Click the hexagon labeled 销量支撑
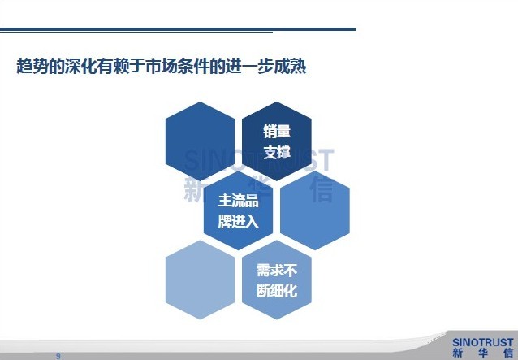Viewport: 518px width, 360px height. point(277,141)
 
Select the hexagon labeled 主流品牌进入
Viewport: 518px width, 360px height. point(238,210)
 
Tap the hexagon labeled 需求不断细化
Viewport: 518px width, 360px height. point(277,280)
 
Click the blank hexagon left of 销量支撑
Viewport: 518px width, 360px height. point(201,141)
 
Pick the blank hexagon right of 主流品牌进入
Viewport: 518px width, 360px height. point(315,210)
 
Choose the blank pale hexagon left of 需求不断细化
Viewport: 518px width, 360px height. point(201,280)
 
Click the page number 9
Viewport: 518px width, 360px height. point(58,356)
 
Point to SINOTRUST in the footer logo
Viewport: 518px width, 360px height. point(482,342)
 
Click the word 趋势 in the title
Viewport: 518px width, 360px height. point(32,66)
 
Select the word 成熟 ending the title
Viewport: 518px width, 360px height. point(290,66)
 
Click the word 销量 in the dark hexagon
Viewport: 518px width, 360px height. point(277,131)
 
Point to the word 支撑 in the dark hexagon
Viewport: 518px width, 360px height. point(277,153)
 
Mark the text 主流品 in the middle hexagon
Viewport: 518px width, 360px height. point(238,201)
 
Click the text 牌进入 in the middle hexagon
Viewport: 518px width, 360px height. point(238,222)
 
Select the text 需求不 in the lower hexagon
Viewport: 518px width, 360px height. point(277,270)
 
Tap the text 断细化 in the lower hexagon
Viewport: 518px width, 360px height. point(277,291)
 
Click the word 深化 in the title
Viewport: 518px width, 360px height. point(80,66)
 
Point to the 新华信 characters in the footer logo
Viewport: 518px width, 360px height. point(482,353)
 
